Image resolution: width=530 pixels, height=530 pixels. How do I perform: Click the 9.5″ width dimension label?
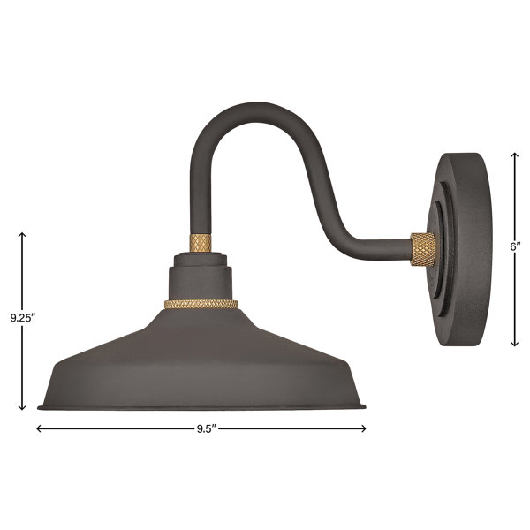206,429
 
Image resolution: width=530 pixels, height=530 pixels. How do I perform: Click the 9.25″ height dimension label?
23,318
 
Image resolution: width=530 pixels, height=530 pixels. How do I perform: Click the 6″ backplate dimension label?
515,246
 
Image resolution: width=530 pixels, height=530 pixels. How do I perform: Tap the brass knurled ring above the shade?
201,304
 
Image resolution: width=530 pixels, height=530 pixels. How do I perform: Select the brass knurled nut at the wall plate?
422,249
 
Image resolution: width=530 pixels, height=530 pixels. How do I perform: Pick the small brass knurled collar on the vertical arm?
201,243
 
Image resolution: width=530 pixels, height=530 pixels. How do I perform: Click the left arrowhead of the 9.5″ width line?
37,428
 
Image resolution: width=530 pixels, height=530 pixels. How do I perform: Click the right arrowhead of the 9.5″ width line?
364,428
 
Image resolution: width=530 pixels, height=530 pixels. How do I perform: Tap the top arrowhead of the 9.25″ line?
22,234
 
